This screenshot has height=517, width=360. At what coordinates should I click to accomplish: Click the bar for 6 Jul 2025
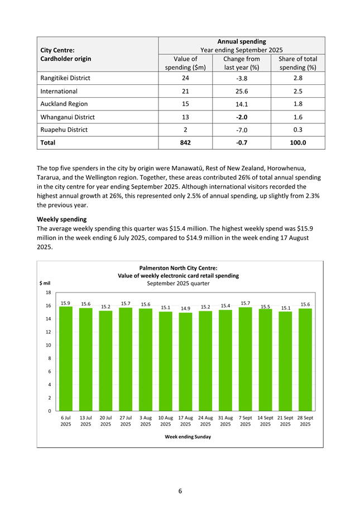66,358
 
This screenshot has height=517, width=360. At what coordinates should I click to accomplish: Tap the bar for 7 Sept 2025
245,359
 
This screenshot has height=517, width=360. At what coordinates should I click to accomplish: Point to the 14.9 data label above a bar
185,308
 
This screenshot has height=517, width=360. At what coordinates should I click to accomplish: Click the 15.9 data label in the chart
66,303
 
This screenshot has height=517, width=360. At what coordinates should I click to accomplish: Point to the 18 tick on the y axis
49,293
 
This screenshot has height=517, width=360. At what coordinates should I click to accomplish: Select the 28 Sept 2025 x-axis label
305,420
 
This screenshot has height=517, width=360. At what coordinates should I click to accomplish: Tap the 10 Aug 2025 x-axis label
165,420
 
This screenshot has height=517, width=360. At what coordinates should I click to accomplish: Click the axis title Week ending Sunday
188,437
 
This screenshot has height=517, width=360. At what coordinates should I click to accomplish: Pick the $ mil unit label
44,283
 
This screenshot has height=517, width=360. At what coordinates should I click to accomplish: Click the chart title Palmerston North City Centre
179,268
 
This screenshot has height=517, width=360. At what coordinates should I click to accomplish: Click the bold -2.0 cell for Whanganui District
242,117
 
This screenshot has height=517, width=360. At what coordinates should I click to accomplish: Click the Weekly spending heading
61,219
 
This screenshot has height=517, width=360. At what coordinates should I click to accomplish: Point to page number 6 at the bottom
180,491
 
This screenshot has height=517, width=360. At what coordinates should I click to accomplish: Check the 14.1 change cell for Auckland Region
242,104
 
